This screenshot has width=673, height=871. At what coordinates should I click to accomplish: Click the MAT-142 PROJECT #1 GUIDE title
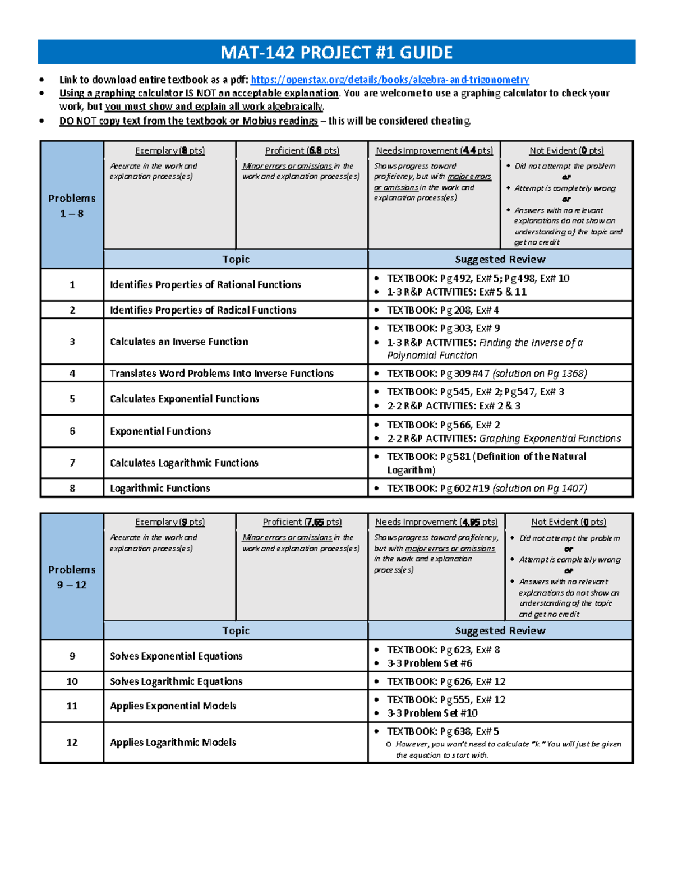click(336, 52)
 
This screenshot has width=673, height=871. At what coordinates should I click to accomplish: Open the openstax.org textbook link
click(390, 80)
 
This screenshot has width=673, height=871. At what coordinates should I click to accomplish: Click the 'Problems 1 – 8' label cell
click(72, 205)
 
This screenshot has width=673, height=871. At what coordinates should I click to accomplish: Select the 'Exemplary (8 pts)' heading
click(170, 150)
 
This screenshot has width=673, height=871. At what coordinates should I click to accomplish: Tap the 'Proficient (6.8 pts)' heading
click(302, 150)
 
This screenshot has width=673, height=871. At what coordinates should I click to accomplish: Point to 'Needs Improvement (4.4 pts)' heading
click(434, 150)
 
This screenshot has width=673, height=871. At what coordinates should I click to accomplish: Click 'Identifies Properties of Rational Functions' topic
click(205, 285)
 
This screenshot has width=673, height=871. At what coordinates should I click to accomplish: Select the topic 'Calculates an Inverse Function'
click(179, 342)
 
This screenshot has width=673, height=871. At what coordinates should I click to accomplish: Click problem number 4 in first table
click(72, 374)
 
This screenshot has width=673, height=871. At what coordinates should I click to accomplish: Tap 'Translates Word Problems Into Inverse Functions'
click(222, 374)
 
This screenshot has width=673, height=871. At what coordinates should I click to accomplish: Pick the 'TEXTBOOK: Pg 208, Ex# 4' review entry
click(442, 310)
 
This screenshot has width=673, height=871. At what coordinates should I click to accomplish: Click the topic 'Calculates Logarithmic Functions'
click(184, 463)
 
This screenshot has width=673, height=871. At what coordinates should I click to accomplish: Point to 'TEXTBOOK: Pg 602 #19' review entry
click(486, 489)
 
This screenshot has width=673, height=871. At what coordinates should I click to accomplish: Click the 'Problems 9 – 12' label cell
click(72, 577)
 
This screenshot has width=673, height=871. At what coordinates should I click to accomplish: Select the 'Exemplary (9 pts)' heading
click(170, 522)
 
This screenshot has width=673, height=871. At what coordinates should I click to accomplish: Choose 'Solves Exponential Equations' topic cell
click(176, 656)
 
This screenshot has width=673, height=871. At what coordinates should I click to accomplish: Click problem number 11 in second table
click(72, 706)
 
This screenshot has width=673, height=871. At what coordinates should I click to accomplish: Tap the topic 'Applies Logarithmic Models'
click(173, 743)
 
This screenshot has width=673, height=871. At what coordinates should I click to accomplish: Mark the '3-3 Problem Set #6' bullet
click(429, 663)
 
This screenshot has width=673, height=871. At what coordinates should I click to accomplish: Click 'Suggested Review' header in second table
click(500, 630)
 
